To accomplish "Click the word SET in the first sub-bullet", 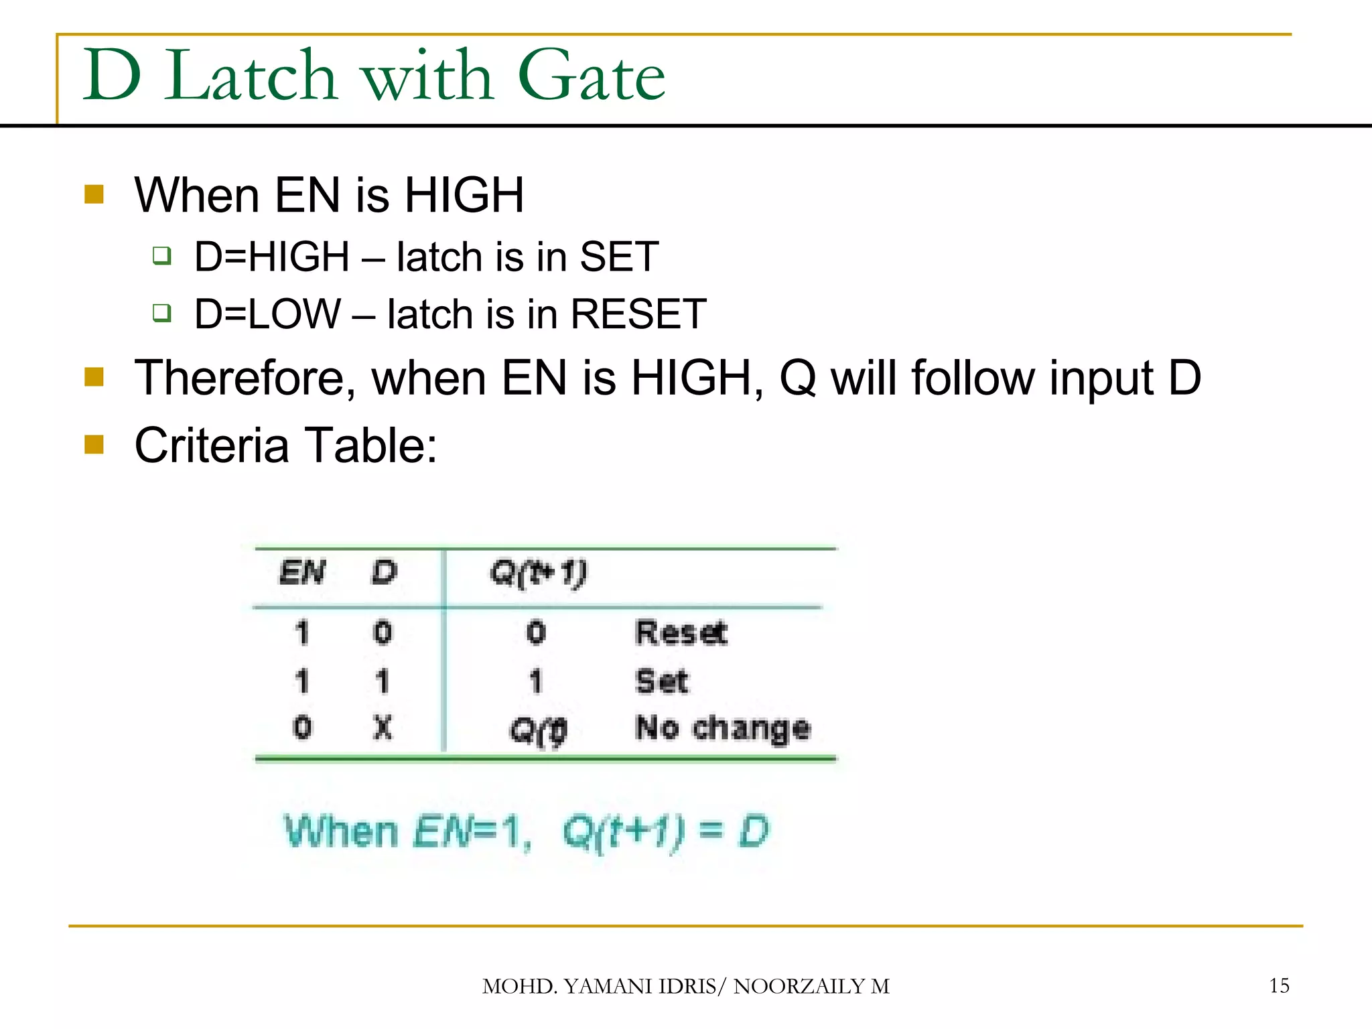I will (x=619, y=257).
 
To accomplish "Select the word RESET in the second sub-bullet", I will (x=638, y=314).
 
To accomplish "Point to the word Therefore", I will (x=245, y=378).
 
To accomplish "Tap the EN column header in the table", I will (x=302, y=573).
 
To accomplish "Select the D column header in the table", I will (x=384, y=573).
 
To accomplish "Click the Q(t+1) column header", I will (x=538, y=573).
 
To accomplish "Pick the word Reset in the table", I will (x=681, y=633).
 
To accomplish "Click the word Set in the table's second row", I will (x=661, y=682).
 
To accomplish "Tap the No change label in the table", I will (x=722, y=728).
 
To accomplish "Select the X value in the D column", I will (x=383, y=728).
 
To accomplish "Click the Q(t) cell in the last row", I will (x=538, y=730).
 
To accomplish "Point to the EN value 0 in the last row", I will (x=302, y=728).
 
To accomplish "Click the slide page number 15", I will (x=1279, y=985).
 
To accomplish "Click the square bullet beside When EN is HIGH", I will (x=94, y=195).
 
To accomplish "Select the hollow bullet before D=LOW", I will (x=161, y=313).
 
